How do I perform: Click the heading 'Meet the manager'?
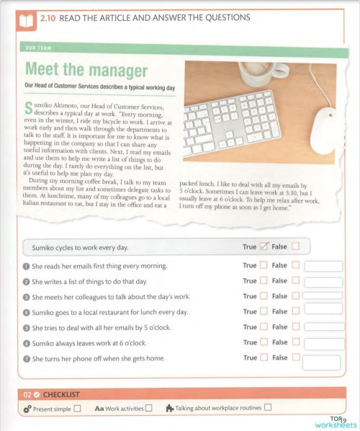(x=86, y=71)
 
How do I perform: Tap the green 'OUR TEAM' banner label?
(x=37, y=50)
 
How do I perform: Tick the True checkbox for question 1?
(x=264, y=266)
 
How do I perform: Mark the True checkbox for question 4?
(x=264, y=311)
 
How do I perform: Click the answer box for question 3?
(x=323, y=296)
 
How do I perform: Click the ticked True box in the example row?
(x=264, y=246)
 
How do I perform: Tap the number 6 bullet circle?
(x=27, y=342)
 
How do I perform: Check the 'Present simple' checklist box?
(x=77, y=409)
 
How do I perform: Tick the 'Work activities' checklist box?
(x=148, y=409)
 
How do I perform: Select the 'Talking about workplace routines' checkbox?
(x=268, y=408)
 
